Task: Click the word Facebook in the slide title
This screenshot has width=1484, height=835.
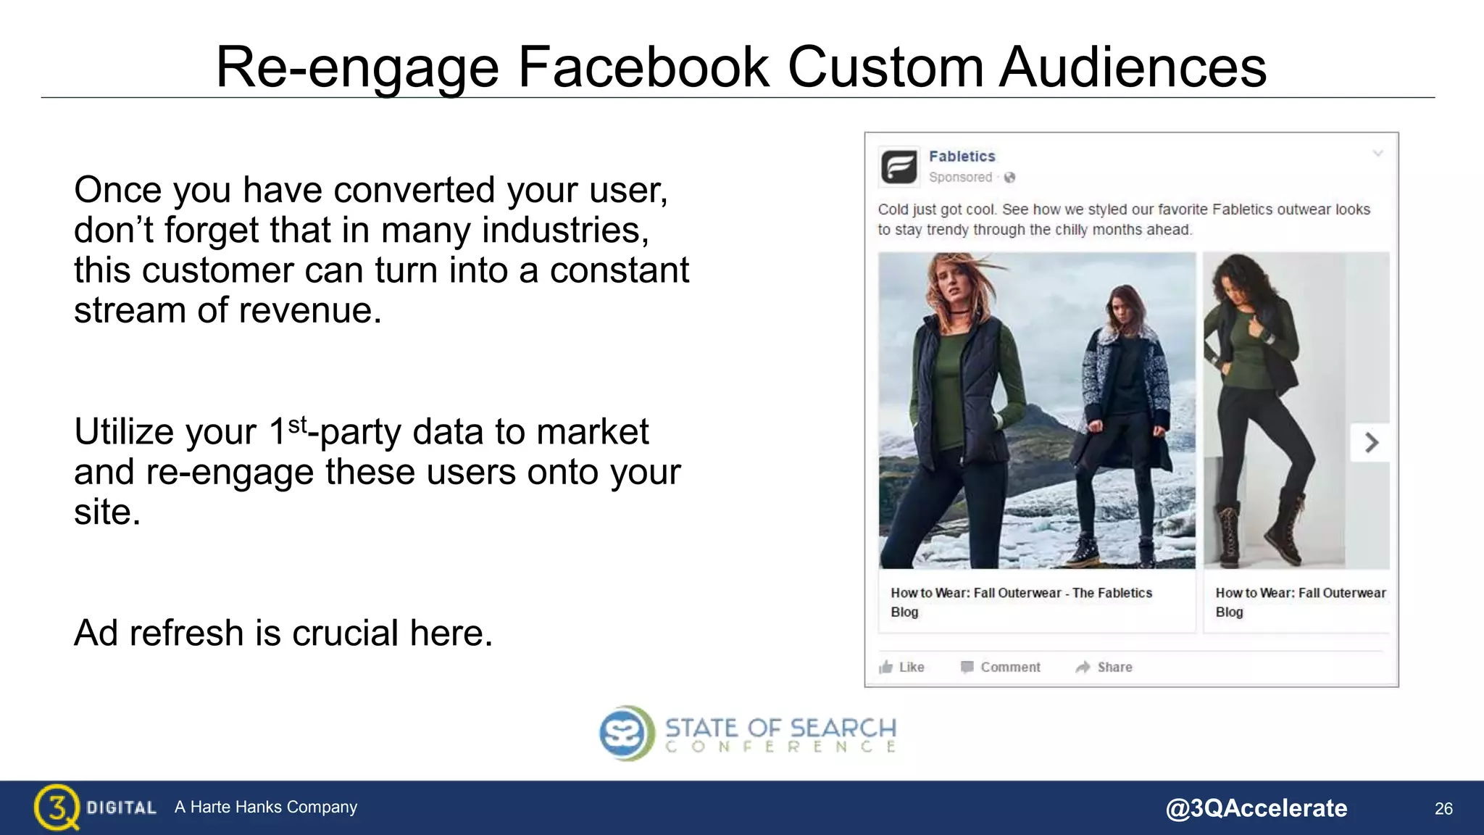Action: (x=643, y=67)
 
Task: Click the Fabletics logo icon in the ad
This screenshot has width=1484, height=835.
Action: (x=899, y=167)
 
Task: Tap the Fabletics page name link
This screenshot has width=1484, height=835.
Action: (x=962, y=157)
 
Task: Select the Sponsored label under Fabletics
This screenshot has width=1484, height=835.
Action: (x=960, y=178)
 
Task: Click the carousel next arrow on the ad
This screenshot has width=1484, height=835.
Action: (x=1370, y=442)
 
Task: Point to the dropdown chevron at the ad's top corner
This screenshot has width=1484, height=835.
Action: (x=1377, y=154)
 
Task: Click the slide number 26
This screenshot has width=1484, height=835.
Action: (x=1443, y=809)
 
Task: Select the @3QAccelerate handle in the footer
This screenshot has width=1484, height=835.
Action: (x=1256, y=808)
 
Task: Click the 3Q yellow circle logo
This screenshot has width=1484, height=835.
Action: (x=56, y=807)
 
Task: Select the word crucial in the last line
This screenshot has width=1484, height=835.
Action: (x=347, y=633)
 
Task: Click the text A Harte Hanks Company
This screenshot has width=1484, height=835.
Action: (x=266, y=807)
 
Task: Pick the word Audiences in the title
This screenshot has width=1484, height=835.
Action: (x=1133, y=67)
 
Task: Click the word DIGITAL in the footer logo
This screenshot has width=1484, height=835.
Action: (x=121, y=808)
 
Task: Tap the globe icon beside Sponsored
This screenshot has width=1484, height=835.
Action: (x=1009, y=178)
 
